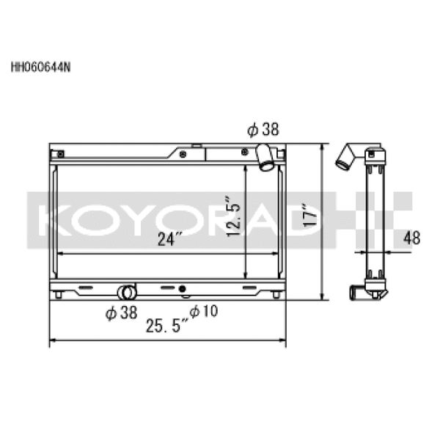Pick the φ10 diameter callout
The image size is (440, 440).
click(x=204, y=311)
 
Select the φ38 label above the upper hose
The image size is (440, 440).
click(x=263, y=131)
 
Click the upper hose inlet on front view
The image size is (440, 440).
click(x=265, y=158)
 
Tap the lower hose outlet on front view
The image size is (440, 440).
click(x=128, y=290)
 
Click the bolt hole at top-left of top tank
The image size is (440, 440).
click(x=61, y=155)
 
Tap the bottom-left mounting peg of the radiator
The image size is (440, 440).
click(x=58, y=295)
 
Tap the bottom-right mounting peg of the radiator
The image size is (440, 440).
click(x=275, y=295)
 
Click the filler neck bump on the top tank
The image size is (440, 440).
click(x=196, y=147)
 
